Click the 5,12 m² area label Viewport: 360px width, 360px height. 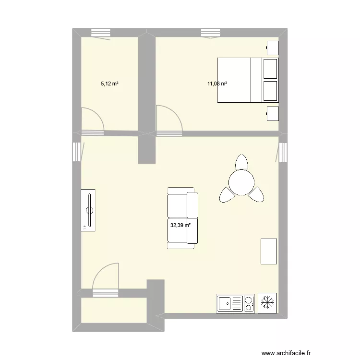click(109, 84)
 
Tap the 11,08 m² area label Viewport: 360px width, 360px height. click(217, 84)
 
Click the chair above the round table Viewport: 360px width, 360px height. click(241, 162)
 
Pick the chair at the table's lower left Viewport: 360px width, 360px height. click(226, 194)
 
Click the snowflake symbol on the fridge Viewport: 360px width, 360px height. click(268, 303)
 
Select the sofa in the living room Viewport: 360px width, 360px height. click(182, 218)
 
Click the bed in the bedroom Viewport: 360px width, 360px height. click(248, 80)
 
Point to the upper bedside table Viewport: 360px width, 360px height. click(272, 48)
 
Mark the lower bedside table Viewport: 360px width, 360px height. click(272, 113)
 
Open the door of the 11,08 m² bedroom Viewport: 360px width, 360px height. click(169, 120)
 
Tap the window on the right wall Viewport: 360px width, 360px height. click(283, 152)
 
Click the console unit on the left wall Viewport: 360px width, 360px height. click(88, 210)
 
